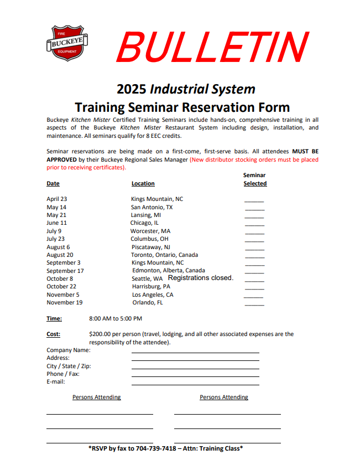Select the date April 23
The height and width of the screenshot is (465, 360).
(57, 199)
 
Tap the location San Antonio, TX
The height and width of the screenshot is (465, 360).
(152, 207)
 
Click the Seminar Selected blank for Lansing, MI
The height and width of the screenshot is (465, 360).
(254, 216)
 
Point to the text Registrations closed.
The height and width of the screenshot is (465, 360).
(201, 278)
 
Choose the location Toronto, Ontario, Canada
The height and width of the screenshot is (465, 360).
(164, 255)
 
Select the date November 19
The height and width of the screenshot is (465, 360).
(65, 303)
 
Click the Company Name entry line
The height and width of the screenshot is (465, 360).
(195, 352)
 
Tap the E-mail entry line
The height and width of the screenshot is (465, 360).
(195, 384)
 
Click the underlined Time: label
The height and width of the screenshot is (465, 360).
(54, 319)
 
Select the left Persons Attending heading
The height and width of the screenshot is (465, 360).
(97, 397)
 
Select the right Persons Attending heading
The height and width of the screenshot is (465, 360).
(224, 397)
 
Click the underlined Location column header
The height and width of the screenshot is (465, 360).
(143, 184)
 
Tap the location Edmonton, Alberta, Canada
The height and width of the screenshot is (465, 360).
(168, 271)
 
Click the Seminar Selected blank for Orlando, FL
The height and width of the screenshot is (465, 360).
(254, 304)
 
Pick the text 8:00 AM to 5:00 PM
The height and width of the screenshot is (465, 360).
(116, 319)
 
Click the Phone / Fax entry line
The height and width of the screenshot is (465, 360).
(195, 376)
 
